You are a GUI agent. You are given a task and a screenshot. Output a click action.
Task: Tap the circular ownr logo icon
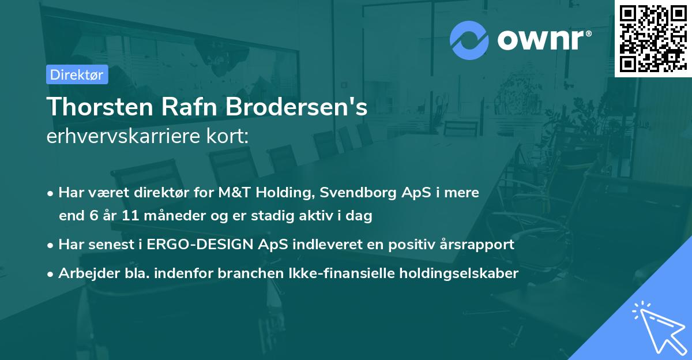click(x=469, y=40)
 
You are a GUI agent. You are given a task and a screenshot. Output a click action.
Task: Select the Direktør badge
click(x=77, y=74)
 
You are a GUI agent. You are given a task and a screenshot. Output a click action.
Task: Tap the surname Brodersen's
click(x=295, y=108)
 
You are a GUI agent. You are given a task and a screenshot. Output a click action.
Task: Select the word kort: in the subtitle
click(x=230, y=137)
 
